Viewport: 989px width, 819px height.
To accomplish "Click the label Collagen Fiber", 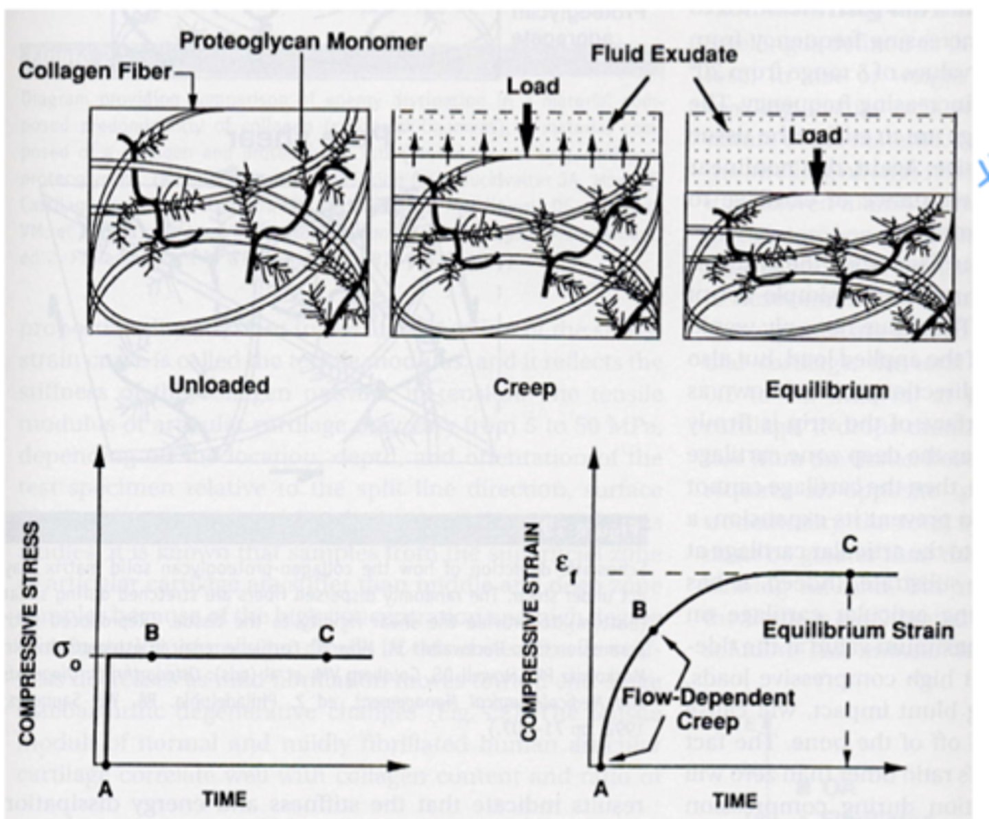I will coord(94,71).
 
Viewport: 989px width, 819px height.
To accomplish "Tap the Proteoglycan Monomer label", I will coord(302,41).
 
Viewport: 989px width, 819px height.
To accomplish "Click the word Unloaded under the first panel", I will coord(218,385).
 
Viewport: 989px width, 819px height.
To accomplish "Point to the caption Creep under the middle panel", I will coord(524,388).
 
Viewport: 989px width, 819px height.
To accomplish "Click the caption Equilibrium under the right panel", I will coord(826,390).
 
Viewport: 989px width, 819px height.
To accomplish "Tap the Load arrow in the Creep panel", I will coord(526,131).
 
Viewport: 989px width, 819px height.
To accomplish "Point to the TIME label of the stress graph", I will coord(224,798).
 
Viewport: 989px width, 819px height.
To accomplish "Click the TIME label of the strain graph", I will coord(734,800).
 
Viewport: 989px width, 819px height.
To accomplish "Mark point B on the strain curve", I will coord(653,629).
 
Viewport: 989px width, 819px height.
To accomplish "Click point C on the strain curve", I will coord(850,573).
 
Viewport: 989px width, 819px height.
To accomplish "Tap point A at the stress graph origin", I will coord(105,764).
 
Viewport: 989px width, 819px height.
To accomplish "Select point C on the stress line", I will coord(326,657).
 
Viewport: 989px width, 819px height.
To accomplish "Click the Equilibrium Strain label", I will coord(858,631).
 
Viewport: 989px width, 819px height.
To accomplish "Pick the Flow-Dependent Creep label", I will coord(707,708).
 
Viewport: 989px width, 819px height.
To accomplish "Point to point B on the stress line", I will coord(152,657).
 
